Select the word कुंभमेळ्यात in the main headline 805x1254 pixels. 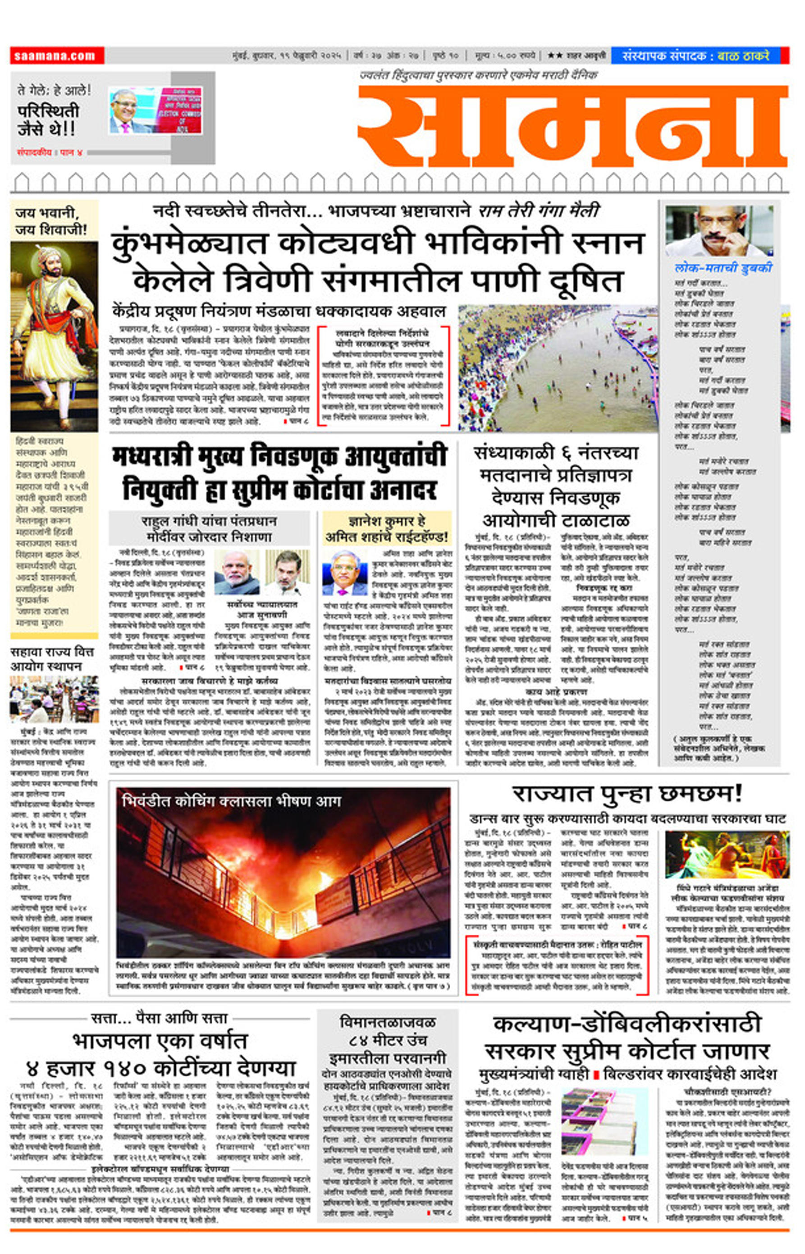coord(189,243)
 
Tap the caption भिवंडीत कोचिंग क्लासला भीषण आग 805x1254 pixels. coord(232,801)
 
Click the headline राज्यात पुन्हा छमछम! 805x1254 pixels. coord(627,794)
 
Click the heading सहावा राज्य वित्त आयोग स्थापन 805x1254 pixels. coord(52,659)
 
